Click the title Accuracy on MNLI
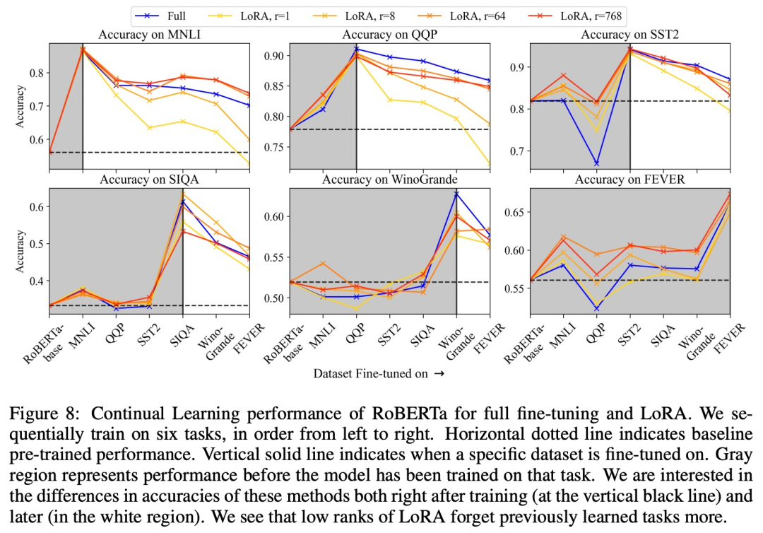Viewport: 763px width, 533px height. point(150,34)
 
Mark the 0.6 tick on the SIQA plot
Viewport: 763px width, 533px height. point(32,206)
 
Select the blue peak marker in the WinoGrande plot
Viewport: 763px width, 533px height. point(456,194)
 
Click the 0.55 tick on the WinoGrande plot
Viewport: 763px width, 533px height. point(271,257)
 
